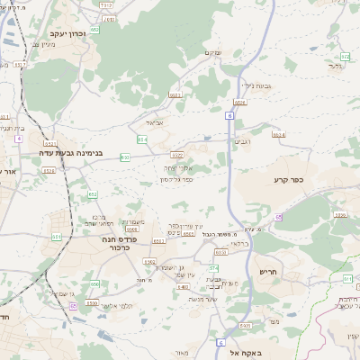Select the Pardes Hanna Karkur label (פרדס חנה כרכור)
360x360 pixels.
coord(121,241)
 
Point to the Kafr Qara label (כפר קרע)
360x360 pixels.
coord(292,180)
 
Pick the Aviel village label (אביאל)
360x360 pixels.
coord(152,123)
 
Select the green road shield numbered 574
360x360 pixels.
coord(214,268)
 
